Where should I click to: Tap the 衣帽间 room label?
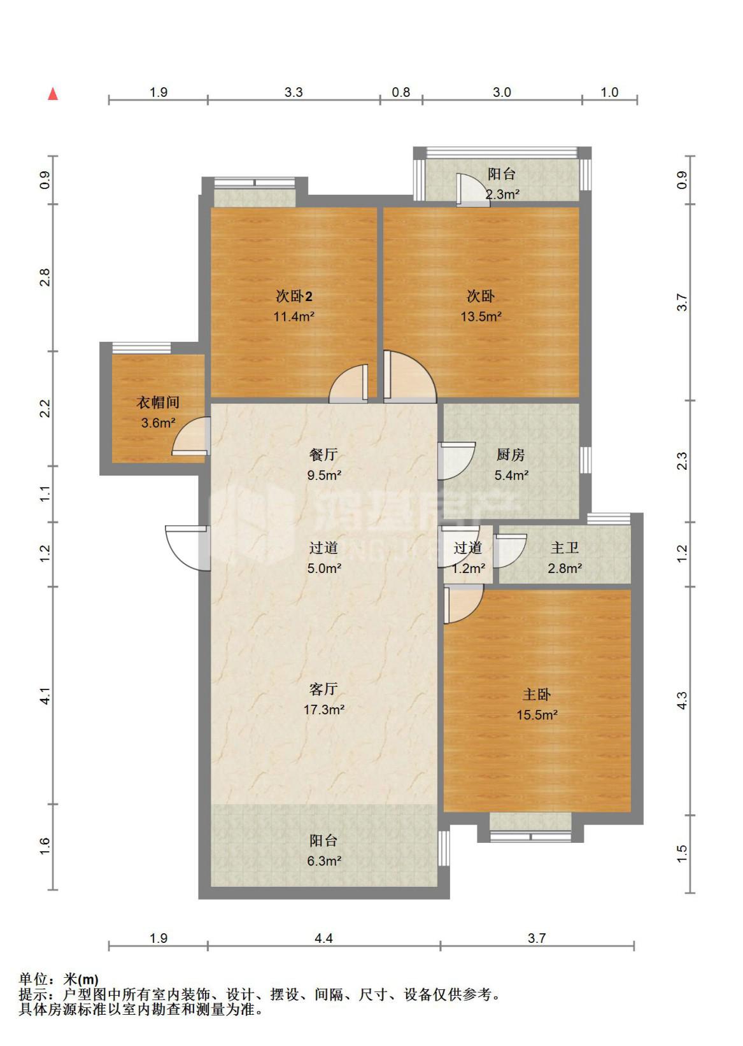click(x=158, y=402)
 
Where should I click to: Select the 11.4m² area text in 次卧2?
click(x=294, y=316)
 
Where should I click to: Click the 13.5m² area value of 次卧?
click(x=481, y=316)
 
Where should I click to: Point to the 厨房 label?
click(x=511, y=455)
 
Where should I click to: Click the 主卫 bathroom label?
click(x=565, y=548)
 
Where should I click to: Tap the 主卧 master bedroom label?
click(x=537, y=695)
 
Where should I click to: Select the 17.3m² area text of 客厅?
click(x=324, y=709)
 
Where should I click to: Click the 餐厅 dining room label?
click(x=323, y=455)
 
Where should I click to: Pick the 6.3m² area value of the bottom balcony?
click(x=324, y=861)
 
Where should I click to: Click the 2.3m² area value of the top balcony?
click(x=502, y=194)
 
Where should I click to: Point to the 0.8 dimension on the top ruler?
click(x=400, y=92)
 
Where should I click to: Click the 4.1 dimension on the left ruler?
click(x=45, y=696)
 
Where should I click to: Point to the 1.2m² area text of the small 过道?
click(x=469, y=569)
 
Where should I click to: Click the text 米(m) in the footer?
click(x=81, y=979)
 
